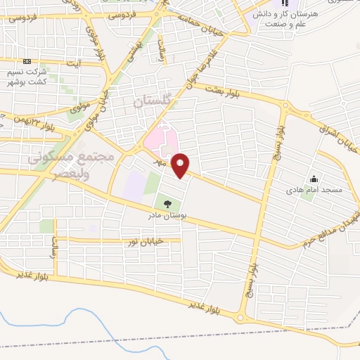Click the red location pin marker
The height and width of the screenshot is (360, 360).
pos(181,165)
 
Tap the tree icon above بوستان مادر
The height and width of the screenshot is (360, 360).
pos(167,204)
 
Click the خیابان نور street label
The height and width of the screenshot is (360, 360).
pos(144,241)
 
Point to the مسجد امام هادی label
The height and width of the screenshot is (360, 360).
pos(323,191)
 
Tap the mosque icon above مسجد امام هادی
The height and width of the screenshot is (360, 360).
pos(314,179)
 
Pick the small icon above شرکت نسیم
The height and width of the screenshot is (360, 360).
pos(27,62)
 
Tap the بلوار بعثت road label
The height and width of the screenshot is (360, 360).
pos(224,91)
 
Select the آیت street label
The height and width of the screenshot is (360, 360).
pos(72,63)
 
